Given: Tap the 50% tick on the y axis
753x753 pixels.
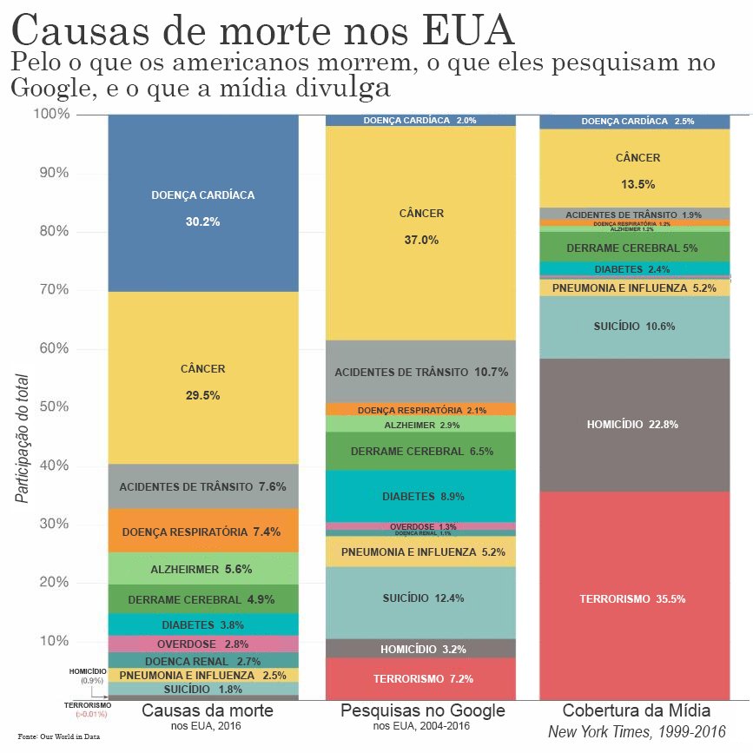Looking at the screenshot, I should point(56,406).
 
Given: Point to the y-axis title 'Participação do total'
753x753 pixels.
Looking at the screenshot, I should point(22,439).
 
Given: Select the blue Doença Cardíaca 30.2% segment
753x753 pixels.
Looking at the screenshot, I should point(202,208).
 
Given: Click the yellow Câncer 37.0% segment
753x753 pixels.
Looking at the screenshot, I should point(420,226).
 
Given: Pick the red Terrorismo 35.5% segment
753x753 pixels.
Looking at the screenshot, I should point(634,598).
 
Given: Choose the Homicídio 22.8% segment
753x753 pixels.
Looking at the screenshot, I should point(634,425).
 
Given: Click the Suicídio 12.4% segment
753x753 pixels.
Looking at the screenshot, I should point(420,598).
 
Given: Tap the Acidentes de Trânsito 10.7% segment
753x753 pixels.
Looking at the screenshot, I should point(420,372).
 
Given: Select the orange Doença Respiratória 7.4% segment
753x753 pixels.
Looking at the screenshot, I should point(202,531).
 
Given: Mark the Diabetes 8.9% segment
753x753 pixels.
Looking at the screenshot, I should point(420,496).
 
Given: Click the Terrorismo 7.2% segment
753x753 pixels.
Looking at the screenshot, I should point(420,678).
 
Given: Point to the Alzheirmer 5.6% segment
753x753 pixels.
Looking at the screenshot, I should point(202,569).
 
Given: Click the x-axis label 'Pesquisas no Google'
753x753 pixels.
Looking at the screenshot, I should point(422,710).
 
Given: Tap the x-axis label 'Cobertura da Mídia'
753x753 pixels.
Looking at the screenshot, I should point(637,710).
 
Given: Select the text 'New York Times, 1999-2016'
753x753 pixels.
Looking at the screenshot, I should point(637,732).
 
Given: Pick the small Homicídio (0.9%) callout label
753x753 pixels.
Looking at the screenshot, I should point(88,676).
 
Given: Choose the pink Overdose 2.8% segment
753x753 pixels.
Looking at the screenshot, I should point(202,644).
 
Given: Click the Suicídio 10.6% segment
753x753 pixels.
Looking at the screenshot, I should point(634,327).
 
